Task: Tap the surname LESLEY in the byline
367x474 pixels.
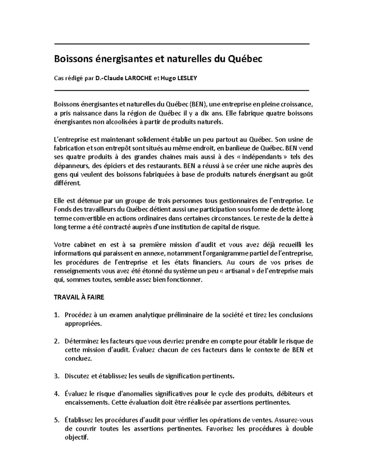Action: (x=187, y=78)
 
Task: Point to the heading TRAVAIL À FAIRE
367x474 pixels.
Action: (x=79, y=297)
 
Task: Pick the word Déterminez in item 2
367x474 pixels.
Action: (x=80, y=341)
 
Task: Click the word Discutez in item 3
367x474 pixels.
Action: (x=77, y=376)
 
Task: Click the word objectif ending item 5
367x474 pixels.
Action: (x=76, y=438)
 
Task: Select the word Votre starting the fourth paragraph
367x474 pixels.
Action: (x=61, y=244)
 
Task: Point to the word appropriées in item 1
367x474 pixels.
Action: (x=82, y=324)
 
